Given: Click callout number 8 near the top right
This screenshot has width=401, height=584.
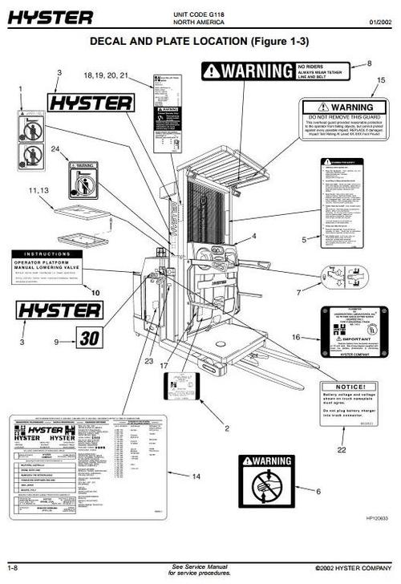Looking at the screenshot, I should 370,63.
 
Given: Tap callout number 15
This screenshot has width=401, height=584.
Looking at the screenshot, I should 380,79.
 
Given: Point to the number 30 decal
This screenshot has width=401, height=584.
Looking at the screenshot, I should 89,338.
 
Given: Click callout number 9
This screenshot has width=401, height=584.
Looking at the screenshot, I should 56,342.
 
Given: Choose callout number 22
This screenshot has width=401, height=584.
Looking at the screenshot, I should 342,450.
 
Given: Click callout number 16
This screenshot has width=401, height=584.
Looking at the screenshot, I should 296,338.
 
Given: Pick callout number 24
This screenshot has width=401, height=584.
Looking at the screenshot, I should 55,149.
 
